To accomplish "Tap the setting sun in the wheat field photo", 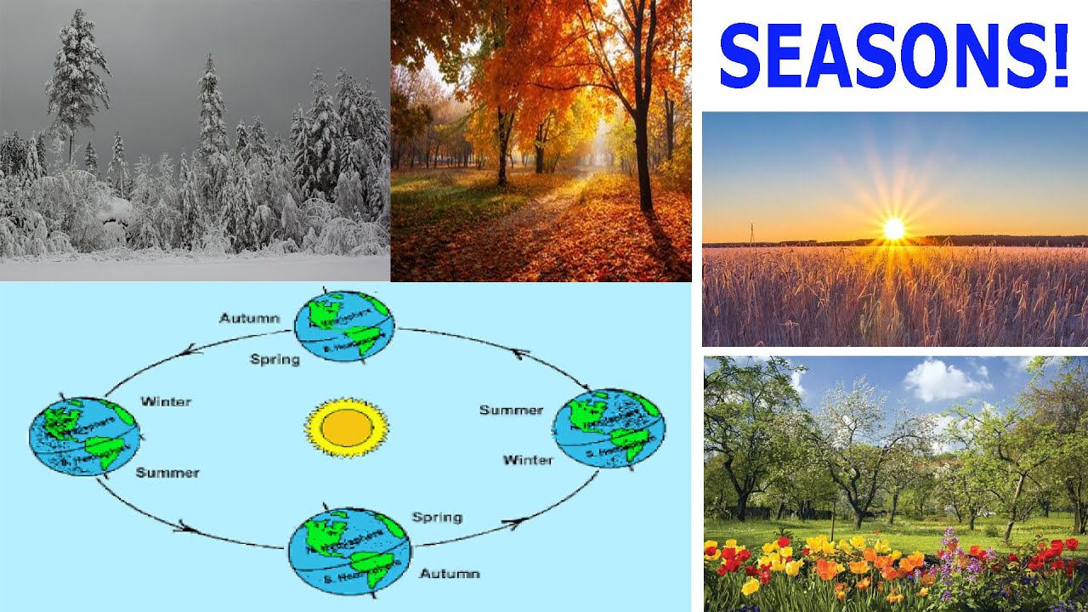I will (893, 228).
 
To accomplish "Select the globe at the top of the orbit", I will (344, 326).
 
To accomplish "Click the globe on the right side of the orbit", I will (609, 428).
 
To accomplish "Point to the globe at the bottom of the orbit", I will (348, 551).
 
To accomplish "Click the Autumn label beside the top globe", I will (249, 318).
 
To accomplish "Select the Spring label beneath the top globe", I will (275, 360).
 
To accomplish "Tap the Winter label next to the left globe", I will (166, 401).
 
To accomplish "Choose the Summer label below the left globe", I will (167, 473).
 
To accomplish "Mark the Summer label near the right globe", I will (511, 410).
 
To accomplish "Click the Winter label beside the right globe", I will (527, 460).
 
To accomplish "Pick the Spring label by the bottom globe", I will (437, 517).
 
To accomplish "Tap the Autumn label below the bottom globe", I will (450, 574).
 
